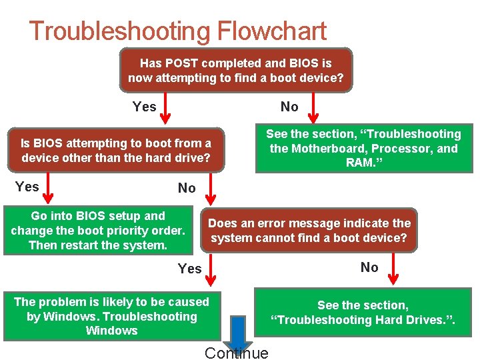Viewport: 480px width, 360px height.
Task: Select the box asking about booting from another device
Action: pos(116,151)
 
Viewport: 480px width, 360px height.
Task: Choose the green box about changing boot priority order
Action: pos(98,231)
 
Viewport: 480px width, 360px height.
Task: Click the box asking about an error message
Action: pos(309,231)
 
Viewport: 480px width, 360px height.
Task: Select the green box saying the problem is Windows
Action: pos(111,316)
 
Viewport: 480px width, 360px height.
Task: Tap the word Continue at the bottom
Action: pos(237,353)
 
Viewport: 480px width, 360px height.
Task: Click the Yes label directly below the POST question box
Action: pos(145,107)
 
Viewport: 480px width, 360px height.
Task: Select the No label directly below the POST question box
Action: pos(289,107)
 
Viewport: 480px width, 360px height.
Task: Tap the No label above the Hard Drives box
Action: pos(369,267)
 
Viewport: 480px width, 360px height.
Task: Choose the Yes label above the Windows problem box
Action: pos(189,269)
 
